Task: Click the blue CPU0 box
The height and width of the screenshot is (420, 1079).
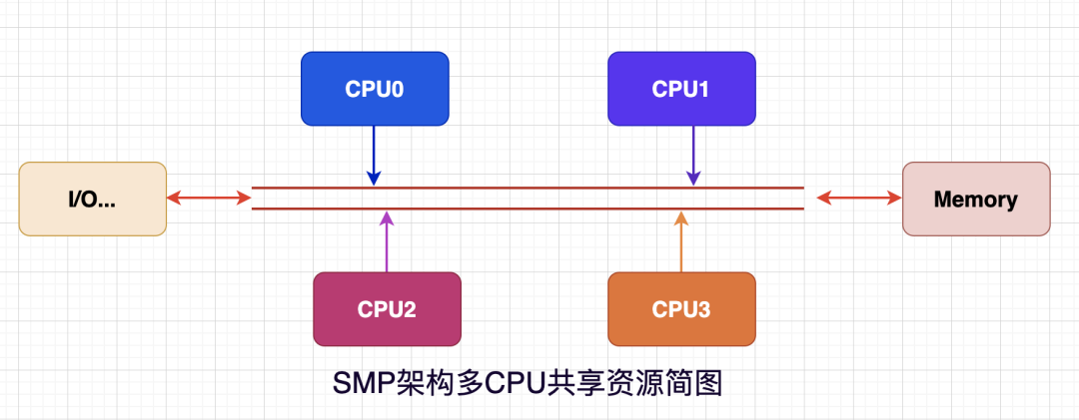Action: [375, 89]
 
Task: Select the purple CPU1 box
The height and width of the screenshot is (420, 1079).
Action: [681, 89]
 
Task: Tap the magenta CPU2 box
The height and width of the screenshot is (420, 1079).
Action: [387, 309]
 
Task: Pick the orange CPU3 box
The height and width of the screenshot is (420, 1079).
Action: [681, 309]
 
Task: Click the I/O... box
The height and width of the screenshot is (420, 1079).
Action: [93, 199]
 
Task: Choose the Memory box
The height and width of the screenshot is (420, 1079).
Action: [975, 199]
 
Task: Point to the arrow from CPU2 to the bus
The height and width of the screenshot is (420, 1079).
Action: [388, 241]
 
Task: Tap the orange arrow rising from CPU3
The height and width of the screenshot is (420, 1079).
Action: [681, 241]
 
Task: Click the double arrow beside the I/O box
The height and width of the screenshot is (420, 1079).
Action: [209, 198]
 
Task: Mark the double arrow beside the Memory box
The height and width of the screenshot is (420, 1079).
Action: [859, 198]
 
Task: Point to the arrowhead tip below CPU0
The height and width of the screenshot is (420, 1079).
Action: [374, 182]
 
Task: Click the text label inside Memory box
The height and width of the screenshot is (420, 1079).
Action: [975, 199]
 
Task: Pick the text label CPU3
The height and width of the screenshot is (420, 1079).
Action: [681, 309]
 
